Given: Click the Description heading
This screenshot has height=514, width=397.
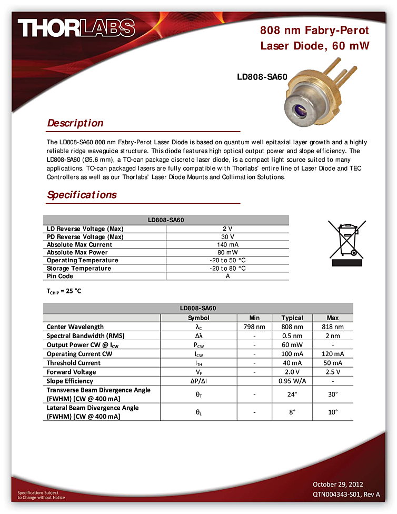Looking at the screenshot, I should click(75, 123).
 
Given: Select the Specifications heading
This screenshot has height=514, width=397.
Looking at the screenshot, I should click(82, 195).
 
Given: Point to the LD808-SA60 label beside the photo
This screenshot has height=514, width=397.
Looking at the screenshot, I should click(262, 77).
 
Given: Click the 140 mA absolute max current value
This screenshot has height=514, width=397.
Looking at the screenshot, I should click(227, 245).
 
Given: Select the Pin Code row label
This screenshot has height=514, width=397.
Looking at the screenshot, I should click(60, 276).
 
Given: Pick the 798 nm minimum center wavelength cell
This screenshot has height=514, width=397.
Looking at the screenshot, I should click(254, 327).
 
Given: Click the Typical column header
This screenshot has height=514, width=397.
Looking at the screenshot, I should click(292, 318).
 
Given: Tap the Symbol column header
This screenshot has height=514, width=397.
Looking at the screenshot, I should click(198, 318).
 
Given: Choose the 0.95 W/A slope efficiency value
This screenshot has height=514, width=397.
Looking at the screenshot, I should click(292, 381).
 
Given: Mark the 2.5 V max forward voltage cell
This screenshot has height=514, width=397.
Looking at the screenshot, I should click(333, 372).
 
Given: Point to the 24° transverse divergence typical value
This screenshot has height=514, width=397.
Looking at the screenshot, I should click(292, 394).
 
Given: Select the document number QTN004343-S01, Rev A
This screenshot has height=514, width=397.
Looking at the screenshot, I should click(346, 495).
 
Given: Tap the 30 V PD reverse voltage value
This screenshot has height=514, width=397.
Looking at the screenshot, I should click(227, 237).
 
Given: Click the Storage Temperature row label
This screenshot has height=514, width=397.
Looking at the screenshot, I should click(79, 268).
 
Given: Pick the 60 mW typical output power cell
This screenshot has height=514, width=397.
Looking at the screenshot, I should click(292, 345).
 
